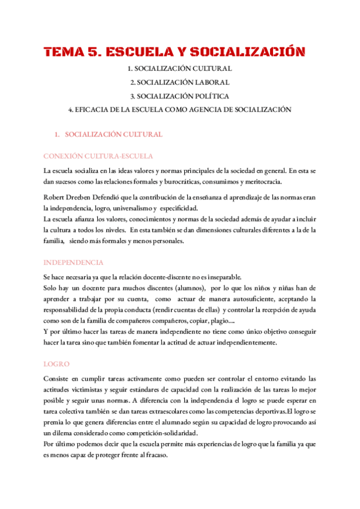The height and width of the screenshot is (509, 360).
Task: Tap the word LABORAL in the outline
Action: [x=209, y=82]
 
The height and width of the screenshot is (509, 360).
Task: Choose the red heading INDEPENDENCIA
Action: [x=74, y=262]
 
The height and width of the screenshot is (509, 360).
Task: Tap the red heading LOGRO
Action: [x=56, y=364]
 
